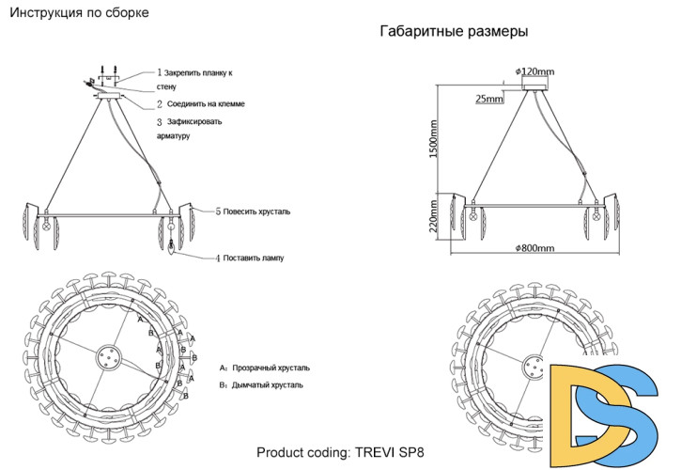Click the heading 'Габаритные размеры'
point(454,32)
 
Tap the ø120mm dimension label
point(535,71)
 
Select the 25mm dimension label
point(489,98)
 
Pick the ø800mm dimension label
point(534,247)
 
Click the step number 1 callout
point(160,72)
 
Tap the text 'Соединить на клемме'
point(207,103)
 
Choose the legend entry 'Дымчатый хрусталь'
point(267,386)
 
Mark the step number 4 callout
point(218,257)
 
